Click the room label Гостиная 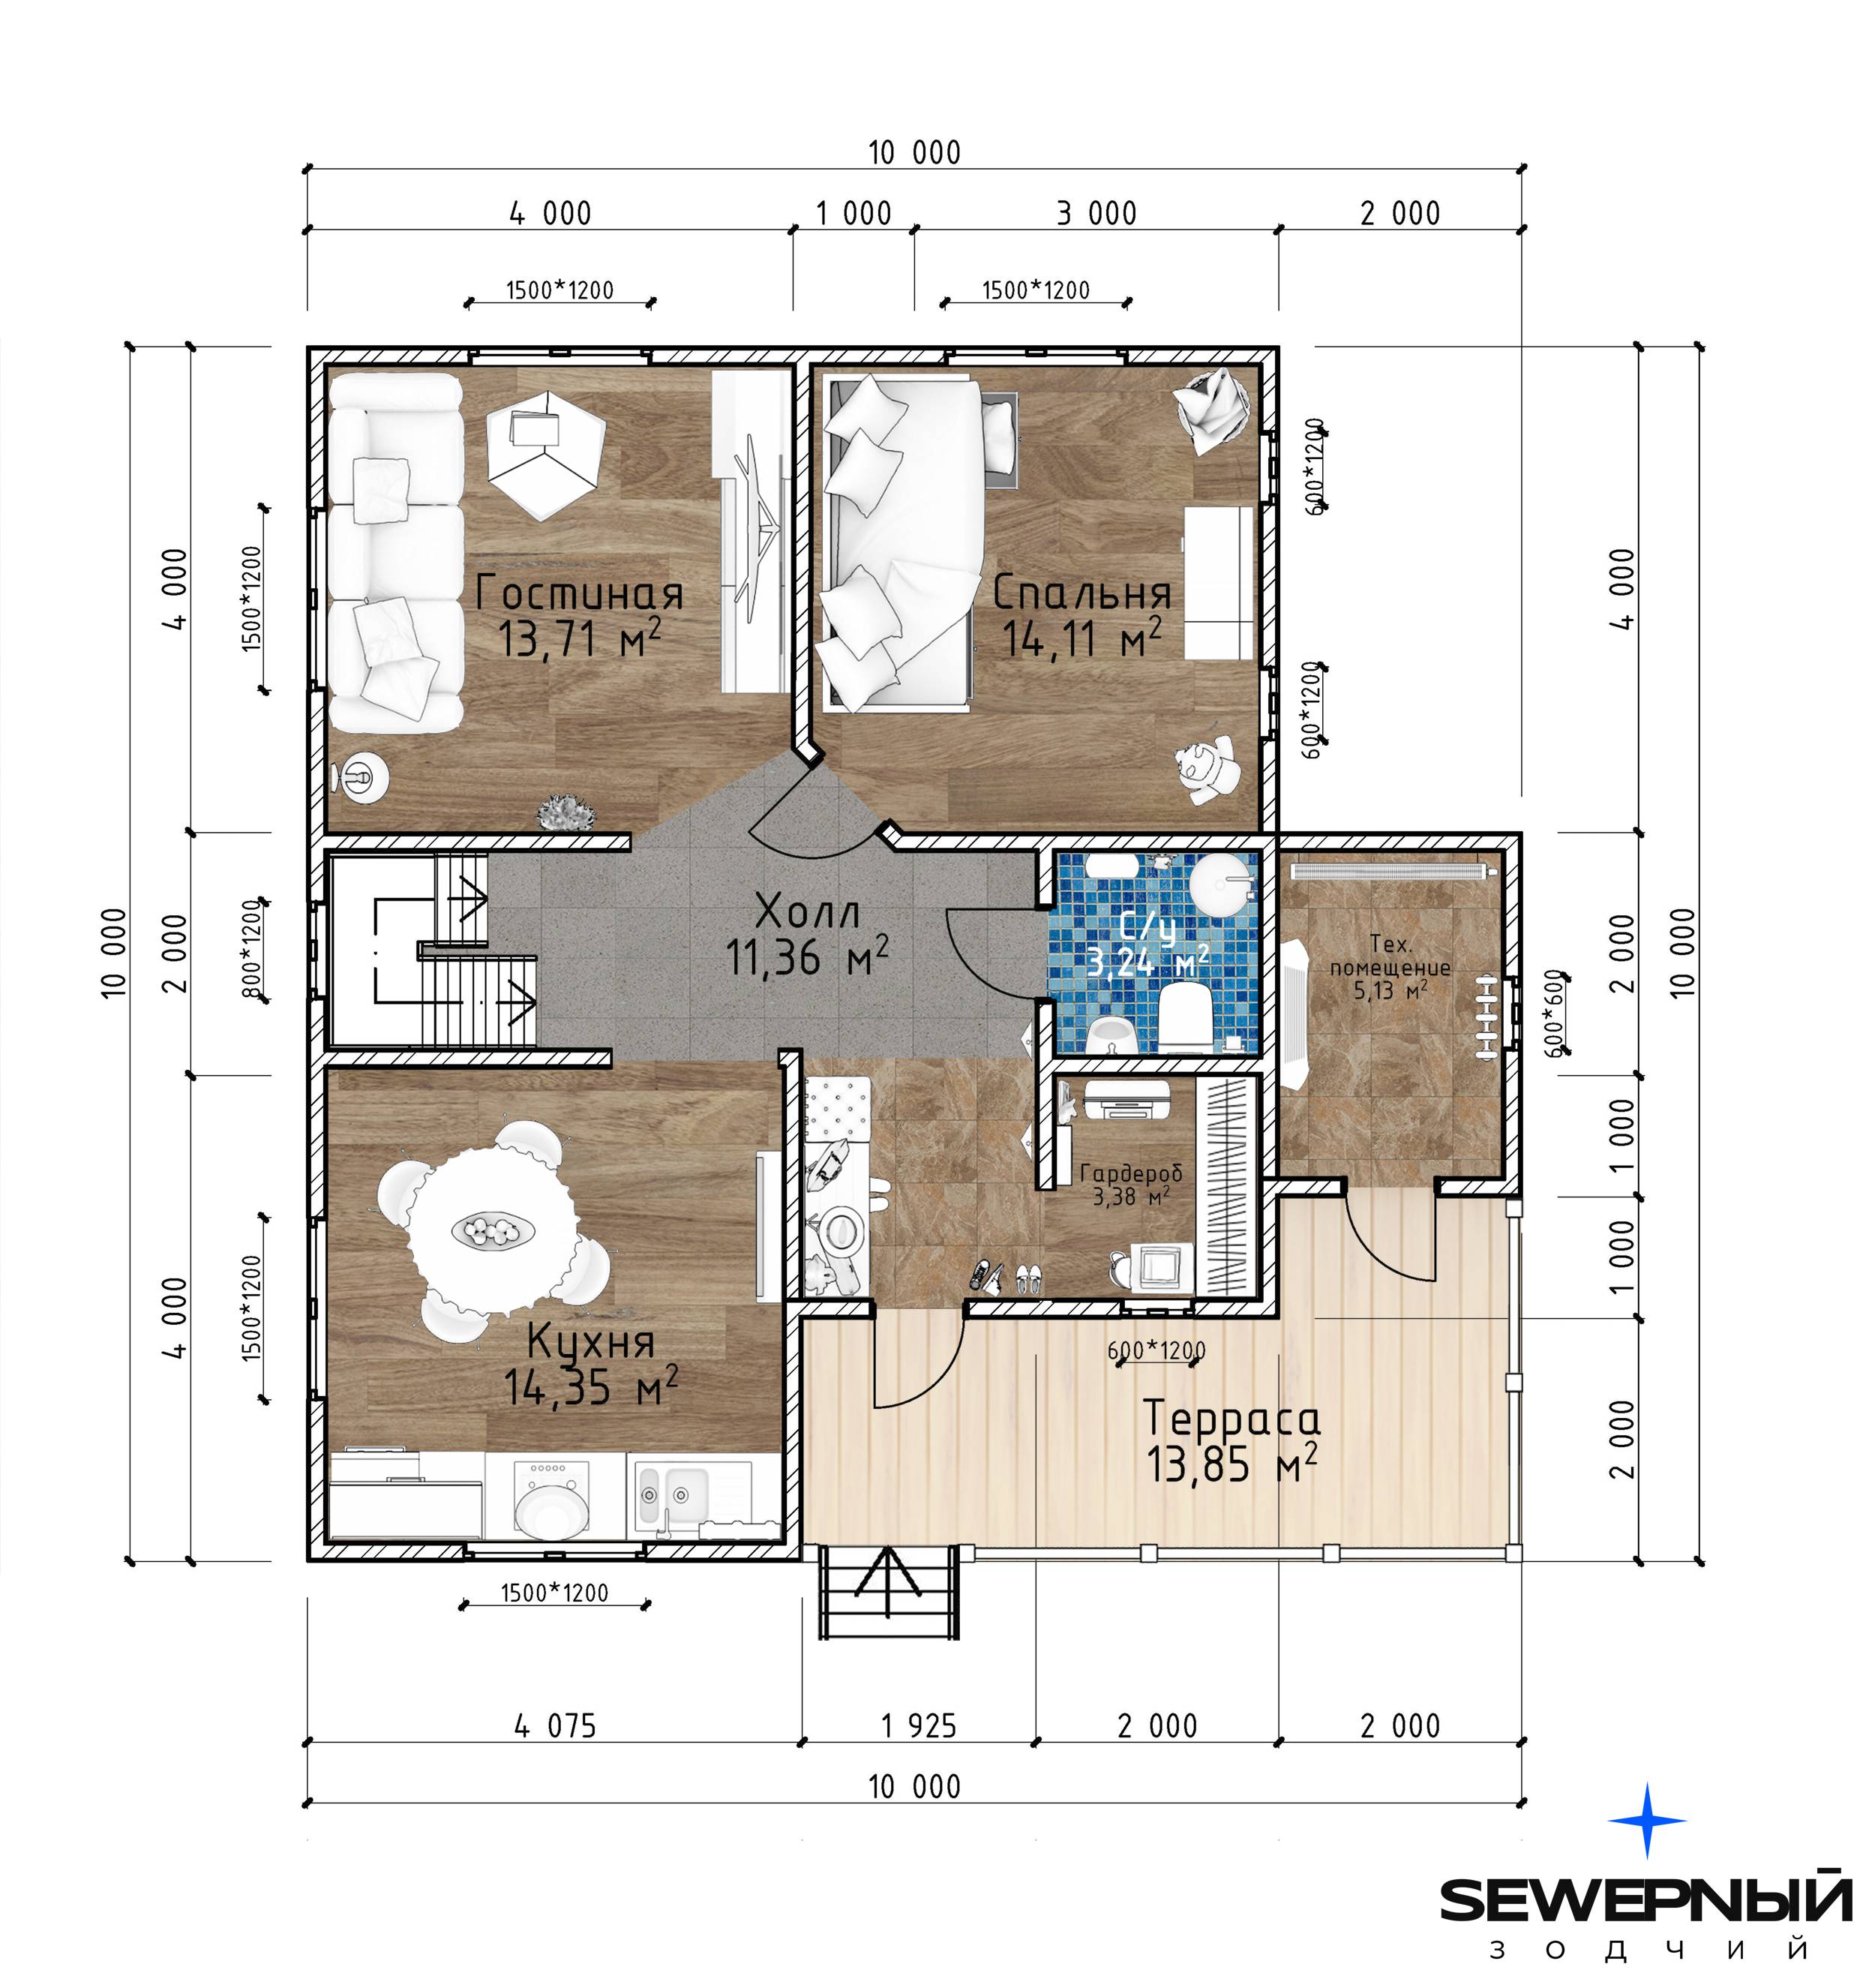(x=580, y=593)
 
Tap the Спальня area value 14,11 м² (x=1082, y=638)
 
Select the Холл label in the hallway (x=808, y=912)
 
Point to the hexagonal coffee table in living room (x=546, y=454)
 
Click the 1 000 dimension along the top (x=853, y=213)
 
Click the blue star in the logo (x=1648, y=1820)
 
